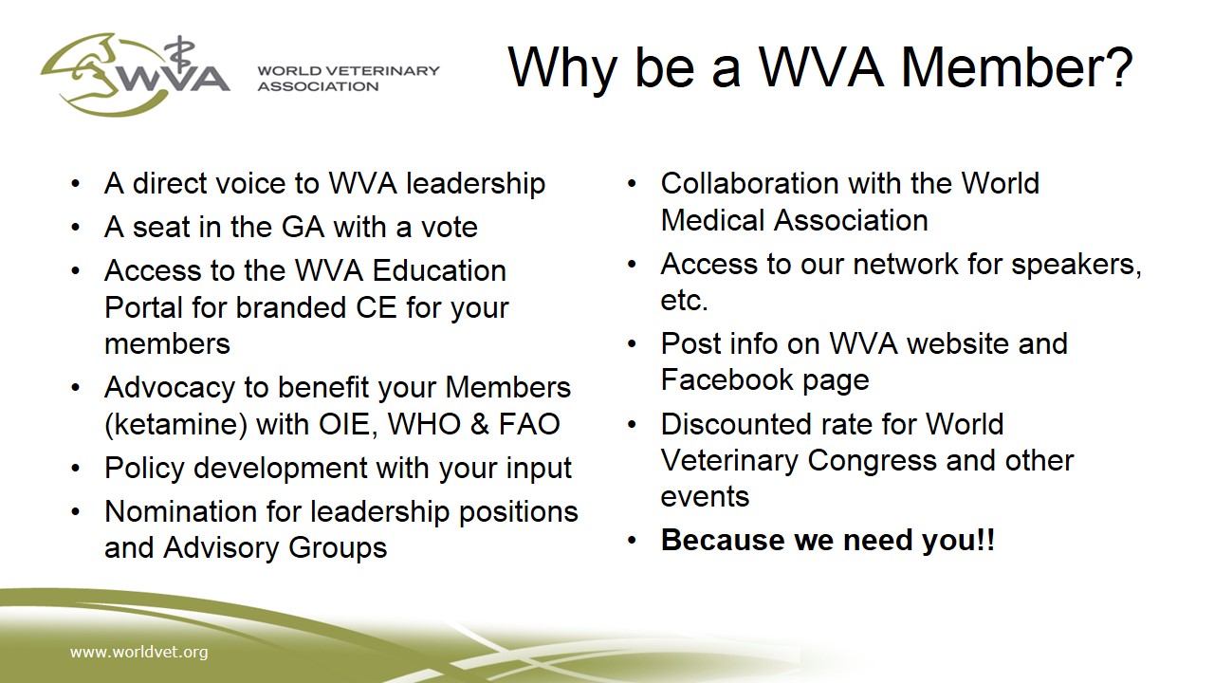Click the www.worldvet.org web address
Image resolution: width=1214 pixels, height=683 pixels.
coord(138,652)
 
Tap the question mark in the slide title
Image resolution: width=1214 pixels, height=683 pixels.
coord(1117,66)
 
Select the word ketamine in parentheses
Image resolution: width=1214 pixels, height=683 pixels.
coord(176,424)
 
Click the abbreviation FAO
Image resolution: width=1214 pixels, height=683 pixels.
coord(529,424)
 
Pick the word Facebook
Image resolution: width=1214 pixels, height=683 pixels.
coord(727,378)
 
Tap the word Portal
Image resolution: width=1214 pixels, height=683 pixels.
coord(143,307)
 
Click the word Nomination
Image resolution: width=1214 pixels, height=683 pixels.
coord(181,511)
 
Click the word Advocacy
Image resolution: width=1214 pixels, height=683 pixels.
coord(170,388)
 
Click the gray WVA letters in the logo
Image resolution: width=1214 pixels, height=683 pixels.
coord(175,79)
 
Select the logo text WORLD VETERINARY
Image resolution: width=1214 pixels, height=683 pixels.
coord(348,70)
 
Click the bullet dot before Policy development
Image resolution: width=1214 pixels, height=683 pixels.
coord(75,468)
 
